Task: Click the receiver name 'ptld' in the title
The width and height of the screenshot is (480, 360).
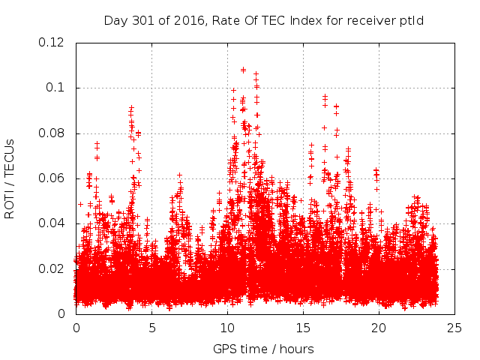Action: (411, 21)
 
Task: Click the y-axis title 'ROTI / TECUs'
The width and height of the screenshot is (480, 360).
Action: (10, 178)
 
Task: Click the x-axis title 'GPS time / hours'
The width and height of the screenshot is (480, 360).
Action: (262, 349)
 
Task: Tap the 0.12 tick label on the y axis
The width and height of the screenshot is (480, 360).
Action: (52, 43)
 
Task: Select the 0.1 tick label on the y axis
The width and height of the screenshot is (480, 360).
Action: (56, 88)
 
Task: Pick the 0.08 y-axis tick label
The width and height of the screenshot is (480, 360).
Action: (52, 133)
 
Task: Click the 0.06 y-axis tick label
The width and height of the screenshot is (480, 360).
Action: (52, 178)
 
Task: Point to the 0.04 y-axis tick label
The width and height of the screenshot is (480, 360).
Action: (52, 223)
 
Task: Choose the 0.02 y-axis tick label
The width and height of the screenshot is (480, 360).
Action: (52, 269)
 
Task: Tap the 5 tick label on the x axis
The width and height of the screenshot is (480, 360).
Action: (151, 328)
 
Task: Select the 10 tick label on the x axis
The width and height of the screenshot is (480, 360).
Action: (227, 328)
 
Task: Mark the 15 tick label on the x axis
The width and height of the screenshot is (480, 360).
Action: (303, 328)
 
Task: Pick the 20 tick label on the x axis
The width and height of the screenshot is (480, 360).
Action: (379, 328)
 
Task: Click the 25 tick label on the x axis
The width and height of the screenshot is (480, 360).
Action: (454, 328)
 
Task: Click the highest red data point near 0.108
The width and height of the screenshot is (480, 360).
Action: (243, 70)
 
